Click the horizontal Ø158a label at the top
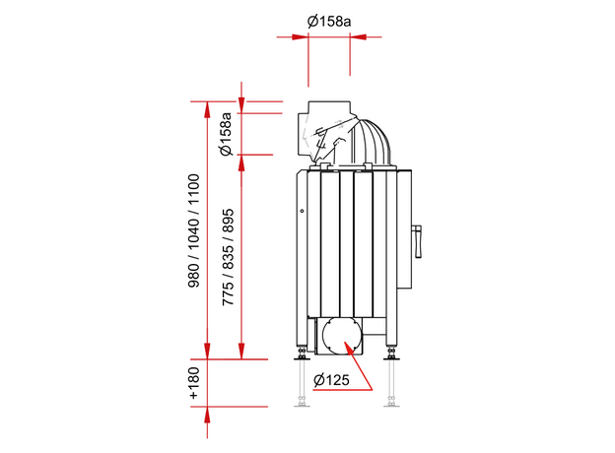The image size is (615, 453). click(x=329, y=20)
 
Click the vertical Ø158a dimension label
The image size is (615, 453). click(x=226, y=135)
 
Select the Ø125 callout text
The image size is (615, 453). click(x=334, y=380)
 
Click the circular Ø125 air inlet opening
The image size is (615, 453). click(x=340, y=336)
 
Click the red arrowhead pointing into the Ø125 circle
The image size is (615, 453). click(x=348, y=345)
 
